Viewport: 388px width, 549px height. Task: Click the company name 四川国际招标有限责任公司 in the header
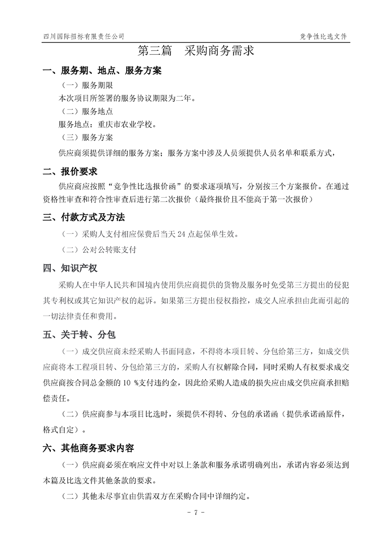(84, 36)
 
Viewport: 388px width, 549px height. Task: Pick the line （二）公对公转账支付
(97, 250)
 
